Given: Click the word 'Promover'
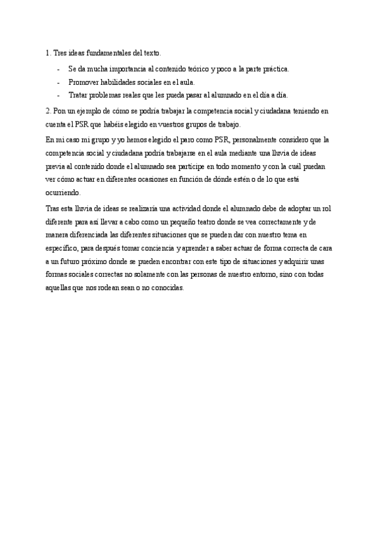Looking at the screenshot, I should coord(83,82).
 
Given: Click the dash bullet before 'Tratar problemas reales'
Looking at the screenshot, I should coord(58,96).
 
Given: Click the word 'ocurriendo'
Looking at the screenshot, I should coord(63,193).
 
